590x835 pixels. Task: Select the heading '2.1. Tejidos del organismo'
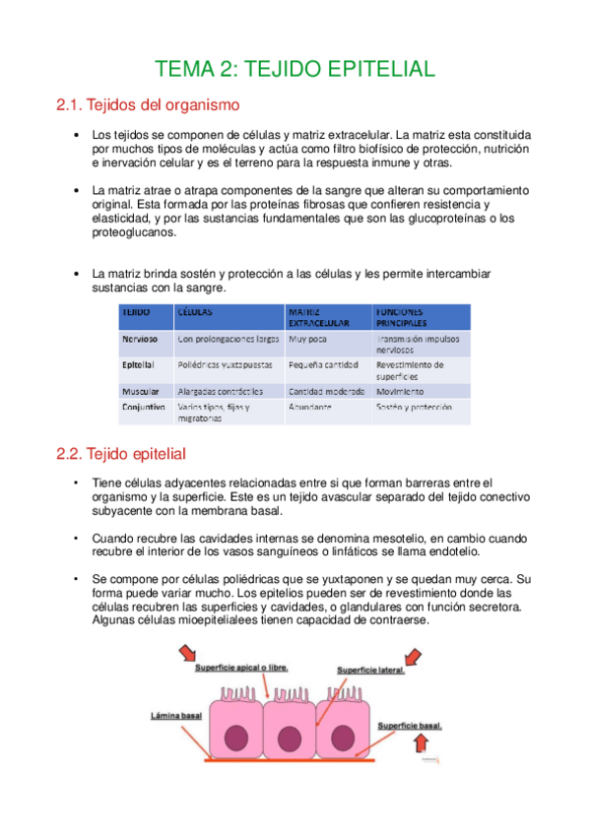[149, 104]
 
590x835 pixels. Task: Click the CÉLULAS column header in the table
[195, 310]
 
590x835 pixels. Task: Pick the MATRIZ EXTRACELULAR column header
[318, 316]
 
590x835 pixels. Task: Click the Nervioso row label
[142, 339]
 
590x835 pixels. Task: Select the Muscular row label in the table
[141, 391]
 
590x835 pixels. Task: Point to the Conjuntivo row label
[144, 406]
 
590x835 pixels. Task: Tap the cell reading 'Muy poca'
[307, 339]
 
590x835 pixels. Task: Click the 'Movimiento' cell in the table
[400, 391]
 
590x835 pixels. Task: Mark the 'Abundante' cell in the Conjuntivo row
[310, 406]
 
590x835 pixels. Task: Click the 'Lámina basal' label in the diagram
[176, 715]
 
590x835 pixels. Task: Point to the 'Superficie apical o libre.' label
[241, 667]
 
